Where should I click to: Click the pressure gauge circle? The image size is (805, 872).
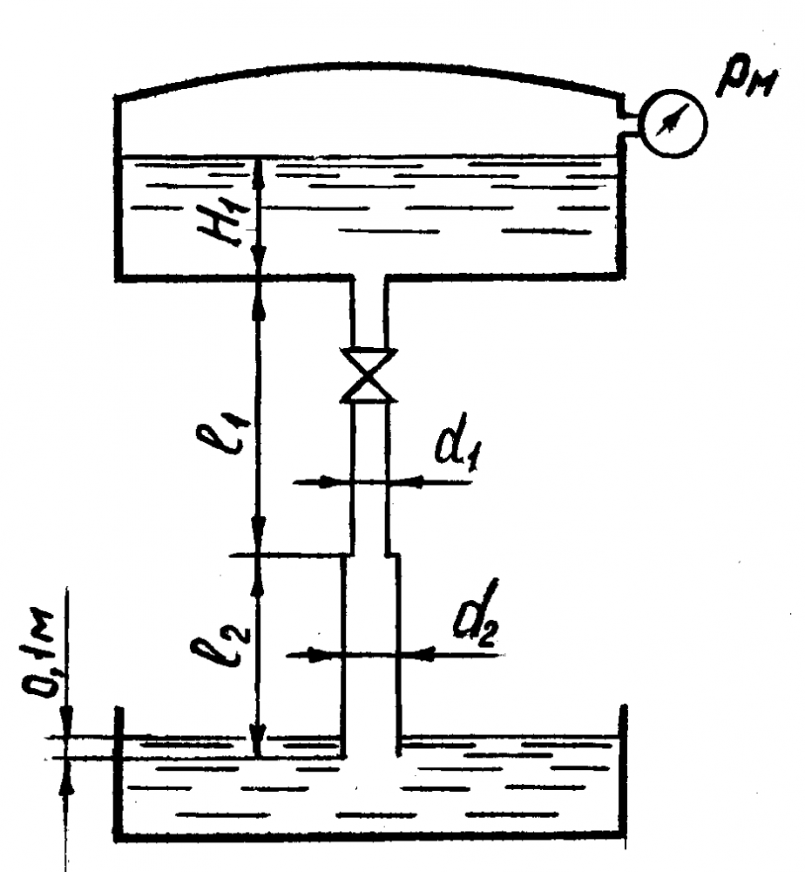pyautogui.click(x=674, y=124)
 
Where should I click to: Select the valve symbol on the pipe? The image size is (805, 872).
pyautogui.click(x=369, y=375)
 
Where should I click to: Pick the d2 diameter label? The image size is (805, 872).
pyautogui.click(x=476, y=613)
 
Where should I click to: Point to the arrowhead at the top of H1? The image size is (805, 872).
pyautogui.click(x=257, y=169)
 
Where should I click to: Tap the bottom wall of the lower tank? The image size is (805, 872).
pyautogui.click(x=370, y=836)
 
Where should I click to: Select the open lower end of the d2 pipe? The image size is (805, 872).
pyautogui.click(x=370, y=756)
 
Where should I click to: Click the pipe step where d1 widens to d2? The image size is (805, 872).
pyautogui.click(x=369, y=555)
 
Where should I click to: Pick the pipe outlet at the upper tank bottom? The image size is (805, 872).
pyautogui.click(x=369, y=277)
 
